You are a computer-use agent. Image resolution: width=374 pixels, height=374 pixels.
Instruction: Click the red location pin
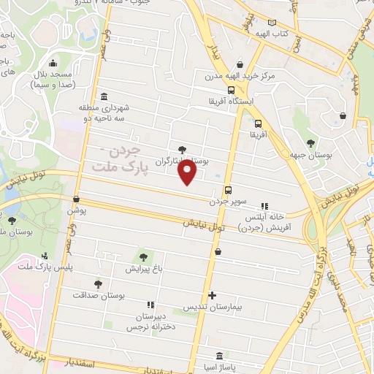click(x=188, y=172)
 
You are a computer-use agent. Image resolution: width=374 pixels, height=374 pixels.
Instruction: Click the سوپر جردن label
click(x=229, y=200)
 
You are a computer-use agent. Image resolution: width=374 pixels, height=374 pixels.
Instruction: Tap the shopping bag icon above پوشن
click(x=77, y=198)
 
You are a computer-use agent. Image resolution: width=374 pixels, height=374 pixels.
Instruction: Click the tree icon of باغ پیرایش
click(x=143, y=256)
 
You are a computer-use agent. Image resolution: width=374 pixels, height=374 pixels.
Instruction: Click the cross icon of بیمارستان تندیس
click(x=212, y=296)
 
